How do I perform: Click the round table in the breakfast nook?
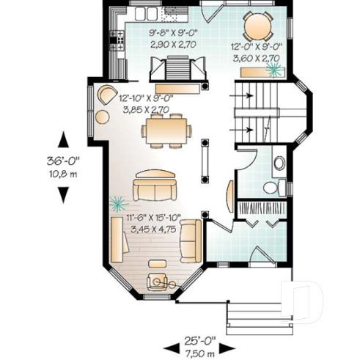point(257,27)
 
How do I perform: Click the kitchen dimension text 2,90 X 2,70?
point(170,45)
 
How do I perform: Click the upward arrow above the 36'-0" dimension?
point(64,139)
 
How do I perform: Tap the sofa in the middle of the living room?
point(154,188)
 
